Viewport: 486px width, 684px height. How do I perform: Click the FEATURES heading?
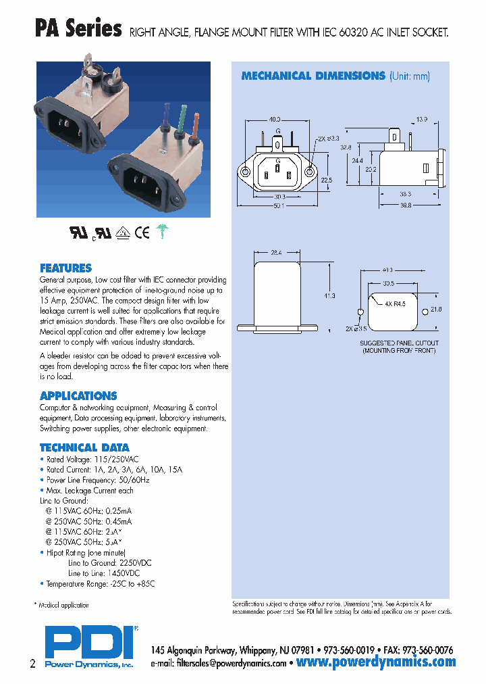pyautogui.click(x=65, y=268)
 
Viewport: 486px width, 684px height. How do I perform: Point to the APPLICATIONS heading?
pyautogui.click(x=78, y=396)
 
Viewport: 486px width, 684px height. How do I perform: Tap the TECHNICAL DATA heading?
pyautogui.click(x=84, y=447)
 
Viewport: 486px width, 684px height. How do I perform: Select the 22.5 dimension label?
pyautogui.click(x=326, y=180)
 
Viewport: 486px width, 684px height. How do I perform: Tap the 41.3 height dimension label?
pyautogui.click(x=330, y=296)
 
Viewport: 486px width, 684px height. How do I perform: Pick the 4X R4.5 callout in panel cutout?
pyautogui.click(x=396, y=304)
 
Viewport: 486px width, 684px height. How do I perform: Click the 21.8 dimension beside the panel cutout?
pyautogui.click(x=435, y=310)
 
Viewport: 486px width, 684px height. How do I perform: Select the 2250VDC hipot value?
pyautogui.click(x=136, y=562)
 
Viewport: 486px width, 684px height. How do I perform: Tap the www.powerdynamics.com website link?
pyautogui.click(x=376, y=662)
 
